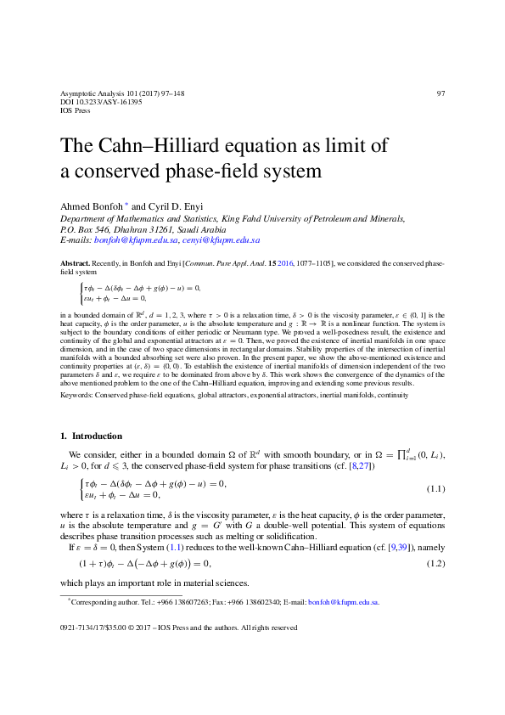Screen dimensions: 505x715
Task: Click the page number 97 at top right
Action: coord(440,93)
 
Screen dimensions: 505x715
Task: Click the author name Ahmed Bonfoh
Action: coord(93,207)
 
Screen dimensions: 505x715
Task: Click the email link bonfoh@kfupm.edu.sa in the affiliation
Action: coord(126,240)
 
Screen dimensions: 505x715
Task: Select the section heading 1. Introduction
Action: coord(91,436)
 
